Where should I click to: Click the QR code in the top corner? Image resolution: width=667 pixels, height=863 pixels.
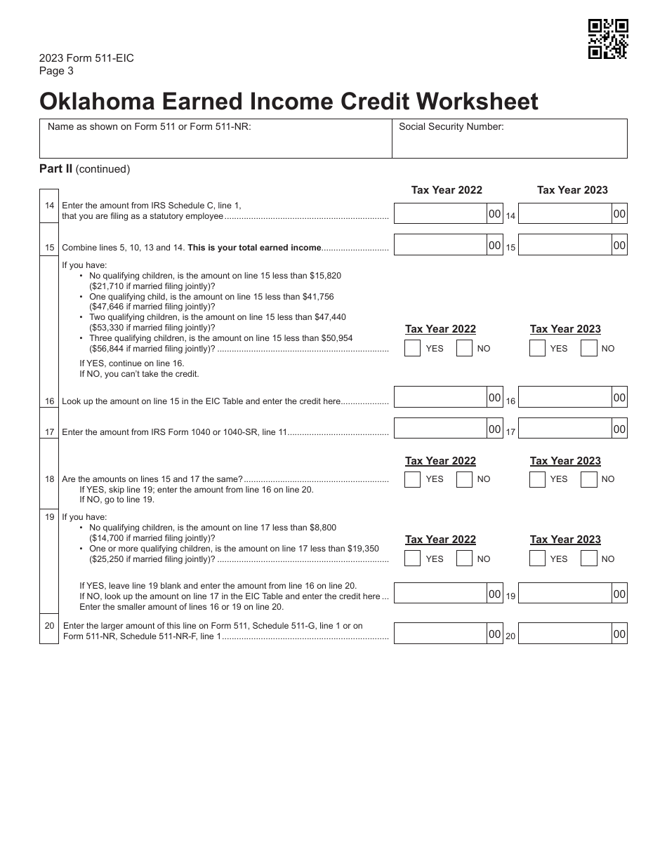tap(607, 39)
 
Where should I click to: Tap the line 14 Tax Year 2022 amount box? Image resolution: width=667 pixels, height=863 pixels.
tap(441, 213)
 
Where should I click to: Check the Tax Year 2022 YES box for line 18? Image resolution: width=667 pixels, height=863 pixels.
tap(413, 479)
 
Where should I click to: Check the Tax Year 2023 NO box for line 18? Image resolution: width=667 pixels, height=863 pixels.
tap(589, 479)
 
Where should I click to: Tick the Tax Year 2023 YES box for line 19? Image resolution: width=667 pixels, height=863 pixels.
tap(537, 558)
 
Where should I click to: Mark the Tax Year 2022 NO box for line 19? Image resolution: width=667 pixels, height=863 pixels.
tap(464, 558)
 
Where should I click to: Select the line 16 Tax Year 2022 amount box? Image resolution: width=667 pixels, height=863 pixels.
tap(441, 397)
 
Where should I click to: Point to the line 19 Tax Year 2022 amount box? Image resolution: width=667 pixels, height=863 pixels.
tap(441, 593)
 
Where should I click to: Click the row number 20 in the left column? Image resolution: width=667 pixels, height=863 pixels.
tap(49, 624)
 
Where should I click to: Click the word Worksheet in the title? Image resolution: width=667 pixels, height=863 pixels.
tap(477, 102)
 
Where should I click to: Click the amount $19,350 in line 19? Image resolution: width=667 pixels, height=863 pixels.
tap(363, 549)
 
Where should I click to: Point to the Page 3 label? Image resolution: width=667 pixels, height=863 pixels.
tap(56, 71)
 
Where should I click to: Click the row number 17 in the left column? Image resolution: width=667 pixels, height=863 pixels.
tap(49, 432)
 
